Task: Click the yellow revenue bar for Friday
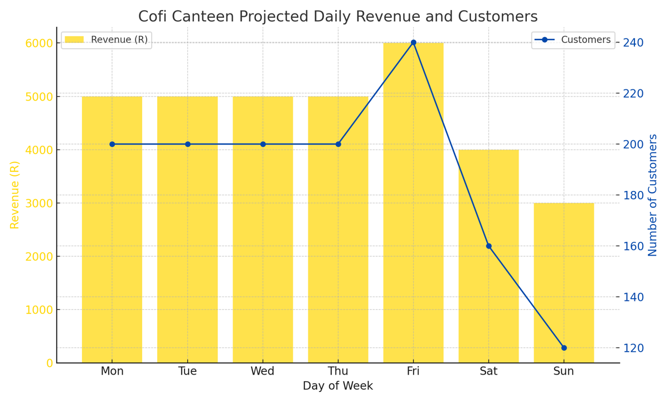click(x=413, y=203)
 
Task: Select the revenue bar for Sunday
click(x=564, y=283)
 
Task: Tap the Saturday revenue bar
click(x=488, y=256)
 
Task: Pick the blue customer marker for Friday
click(x=413, y=42)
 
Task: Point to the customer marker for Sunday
click(x=564, y=348)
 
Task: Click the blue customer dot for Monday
click(x=112, y=144)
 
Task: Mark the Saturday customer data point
click(x=488, y=246)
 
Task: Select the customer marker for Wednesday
click(x=263, y=144)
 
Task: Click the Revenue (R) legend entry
click(x=106, y=40)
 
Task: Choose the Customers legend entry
click(x=573, y=40)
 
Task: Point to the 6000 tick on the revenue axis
click(x=39, y=43)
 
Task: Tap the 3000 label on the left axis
click(x=39, y=203)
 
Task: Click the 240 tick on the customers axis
click(x=633, y=42)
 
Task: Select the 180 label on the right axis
click(x=633, y=195)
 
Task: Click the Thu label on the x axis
click(x=338, y=371)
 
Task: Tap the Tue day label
click(x=187, y=371)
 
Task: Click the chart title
click(x=338, y=16)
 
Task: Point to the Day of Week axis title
click(x=338, y=386)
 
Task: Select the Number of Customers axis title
click(x=653, y=195)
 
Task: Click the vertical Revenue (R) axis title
click(x=14, y=195)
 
